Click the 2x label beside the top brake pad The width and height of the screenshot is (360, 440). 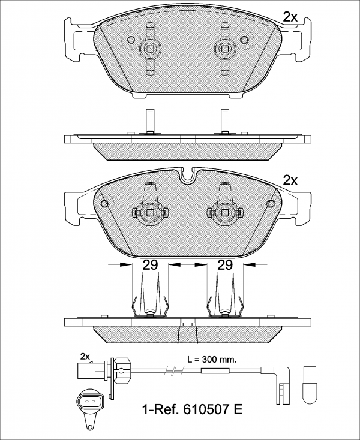[290, 17]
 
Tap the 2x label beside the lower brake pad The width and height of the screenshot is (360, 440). [290, 180]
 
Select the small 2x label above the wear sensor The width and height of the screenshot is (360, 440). [85, 357]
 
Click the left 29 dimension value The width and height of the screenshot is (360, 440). [150, 264]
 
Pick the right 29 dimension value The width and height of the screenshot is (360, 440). [225, 264]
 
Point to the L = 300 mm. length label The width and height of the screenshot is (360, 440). [212, 359]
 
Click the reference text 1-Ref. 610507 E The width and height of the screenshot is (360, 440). [193, 409]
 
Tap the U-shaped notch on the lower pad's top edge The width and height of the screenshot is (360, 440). [188, 176]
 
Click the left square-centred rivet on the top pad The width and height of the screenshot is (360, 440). [150, 49]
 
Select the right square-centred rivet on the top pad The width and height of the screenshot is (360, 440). [225, 49]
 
